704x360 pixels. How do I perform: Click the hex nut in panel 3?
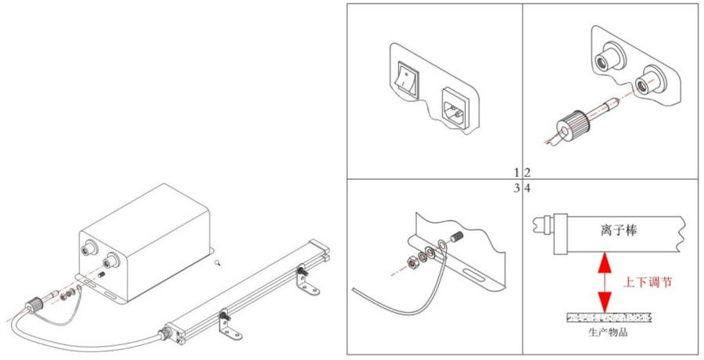point(411,262)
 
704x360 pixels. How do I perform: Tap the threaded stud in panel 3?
point(456,236)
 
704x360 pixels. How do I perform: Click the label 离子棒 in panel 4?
point(619,231)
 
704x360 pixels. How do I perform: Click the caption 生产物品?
point(608,333)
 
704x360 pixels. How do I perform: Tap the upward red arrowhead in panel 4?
point(605,262)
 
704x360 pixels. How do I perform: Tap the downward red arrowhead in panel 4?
point(605,302)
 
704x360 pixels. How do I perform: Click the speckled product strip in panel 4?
point(609,319)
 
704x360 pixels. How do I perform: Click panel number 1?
point(517,172)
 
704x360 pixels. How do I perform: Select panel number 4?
point(528,189)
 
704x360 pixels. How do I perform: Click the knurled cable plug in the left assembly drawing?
point(32,307)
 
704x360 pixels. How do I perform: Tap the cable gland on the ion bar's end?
point(163,334)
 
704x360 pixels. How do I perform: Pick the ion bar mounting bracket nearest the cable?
point(228,325)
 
